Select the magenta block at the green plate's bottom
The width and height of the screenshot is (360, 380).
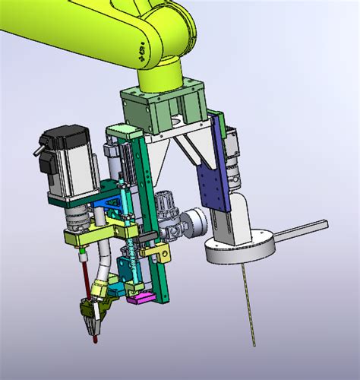coord(140,298)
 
